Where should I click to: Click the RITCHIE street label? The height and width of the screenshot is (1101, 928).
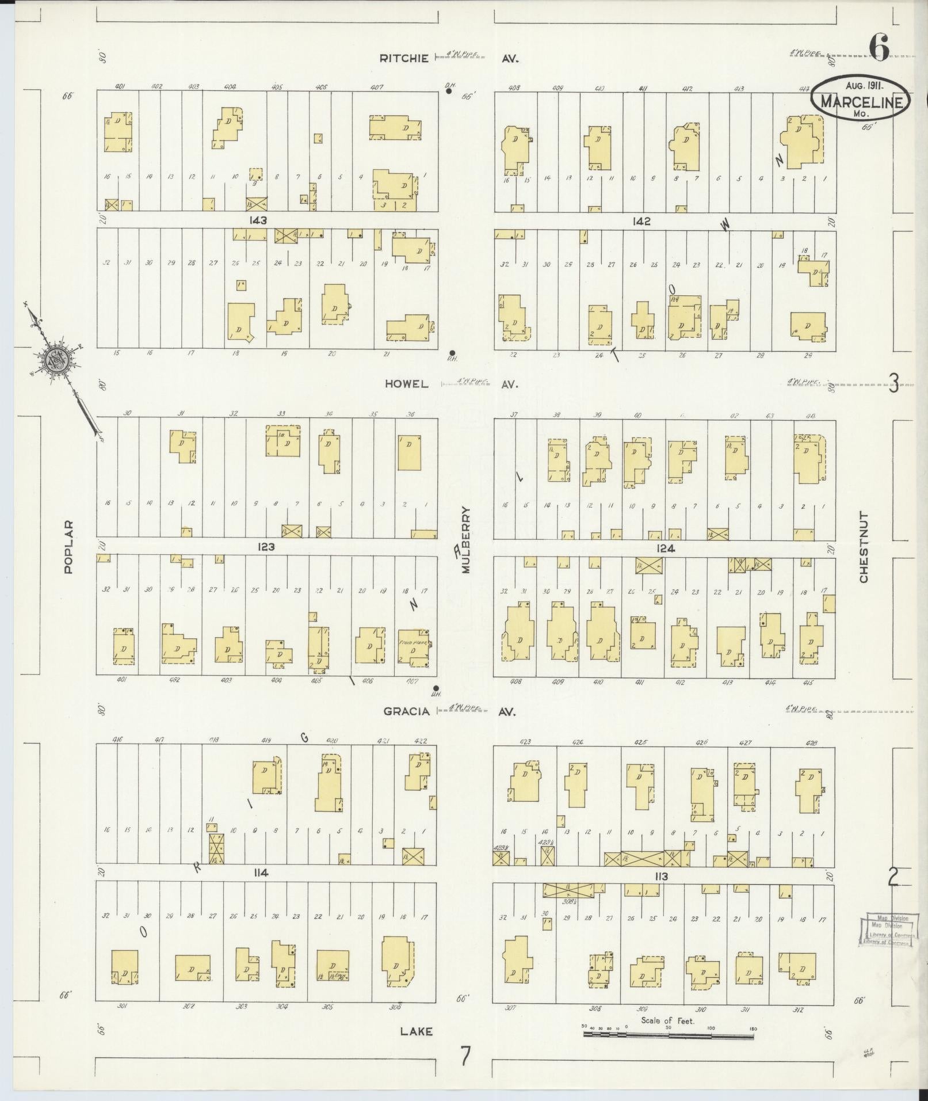[404, 58]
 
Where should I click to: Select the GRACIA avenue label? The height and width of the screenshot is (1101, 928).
[407, 711]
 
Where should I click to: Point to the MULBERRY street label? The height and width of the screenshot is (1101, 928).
[465, 539]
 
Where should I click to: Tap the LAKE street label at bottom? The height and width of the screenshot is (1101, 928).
[416, 1032]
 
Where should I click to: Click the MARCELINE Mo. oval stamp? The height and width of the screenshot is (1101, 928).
[861, 99]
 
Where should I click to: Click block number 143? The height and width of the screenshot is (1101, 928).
[259, 220]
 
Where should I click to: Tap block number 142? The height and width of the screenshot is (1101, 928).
[640, 221]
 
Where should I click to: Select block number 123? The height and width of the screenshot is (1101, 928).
[266, 547]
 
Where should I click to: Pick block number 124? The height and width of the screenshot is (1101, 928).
[665, 548]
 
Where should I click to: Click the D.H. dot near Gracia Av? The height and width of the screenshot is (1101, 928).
[436, 688]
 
